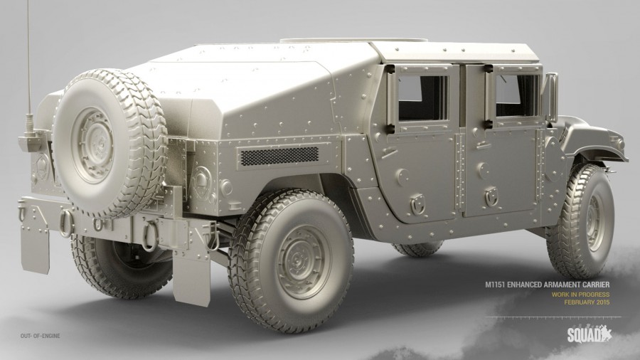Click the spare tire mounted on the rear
110,143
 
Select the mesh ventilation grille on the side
279,156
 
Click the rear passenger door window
423,98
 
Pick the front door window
518,95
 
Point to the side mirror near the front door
551,97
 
